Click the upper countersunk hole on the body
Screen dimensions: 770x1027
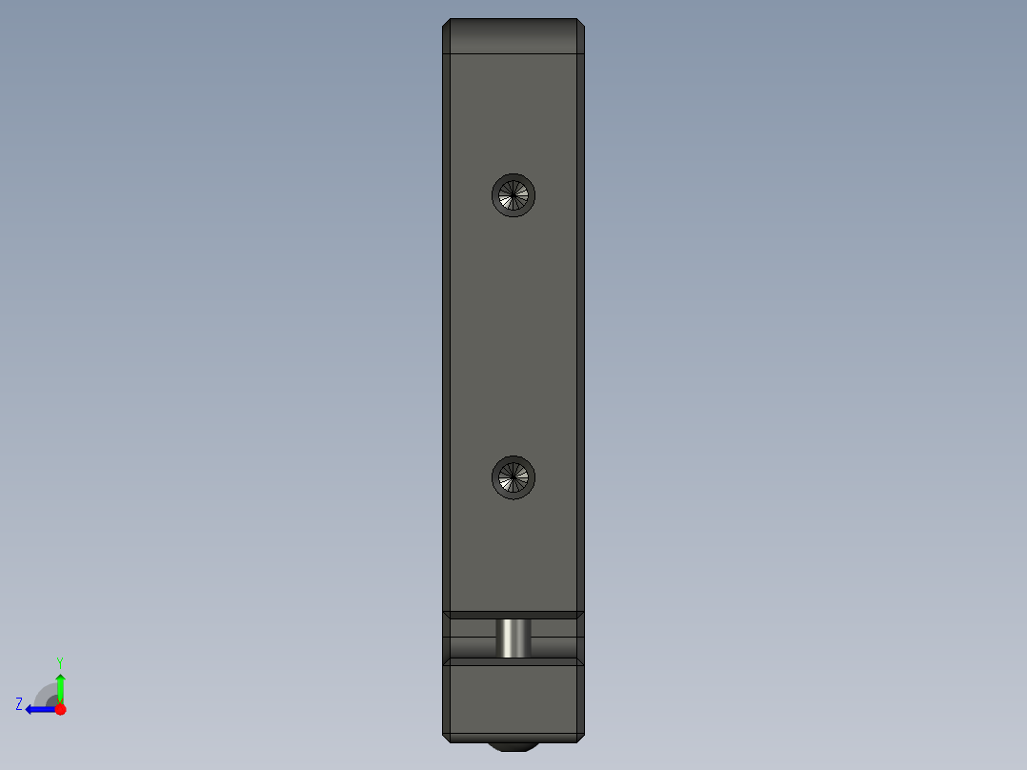513,195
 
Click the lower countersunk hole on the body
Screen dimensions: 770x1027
513,476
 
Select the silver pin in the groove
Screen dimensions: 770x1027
514,638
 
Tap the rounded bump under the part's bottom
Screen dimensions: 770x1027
513,745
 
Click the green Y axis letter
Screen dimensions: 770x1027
59,661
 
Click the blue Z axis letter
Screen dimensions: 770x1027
19,704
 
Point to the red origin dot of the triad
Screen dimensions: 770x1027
60,709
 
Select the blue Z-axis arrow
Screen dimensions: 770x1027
38,709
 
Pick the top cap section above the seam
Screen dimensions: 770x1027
513,36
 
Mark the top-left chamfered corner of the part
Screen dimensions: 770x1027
447,24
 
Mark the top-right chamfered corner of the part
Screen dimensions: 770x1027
580,24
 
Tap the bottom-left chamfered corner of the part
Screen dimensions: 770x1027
447,737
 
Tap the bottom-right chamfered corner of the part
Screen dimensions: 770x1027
580,737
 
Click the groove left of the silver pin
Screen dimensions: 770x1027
472,638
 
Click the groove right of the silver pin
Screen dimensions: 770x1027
555,638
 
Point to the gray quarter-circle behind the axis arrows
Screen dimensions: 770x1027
46,696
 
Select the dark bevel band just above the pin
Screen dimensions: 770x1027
513,616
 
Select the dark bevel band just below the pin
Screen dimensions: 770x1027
513,661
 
